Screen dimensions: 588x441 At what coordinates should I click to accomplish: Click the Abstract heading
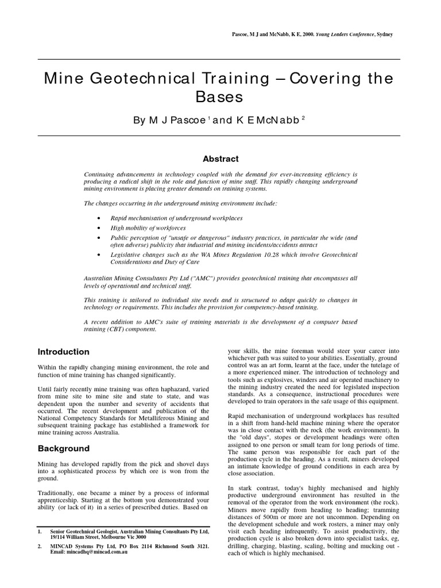coord(220,159)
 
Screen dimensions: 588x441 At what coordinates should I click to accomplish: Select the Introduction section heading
coord(63,352)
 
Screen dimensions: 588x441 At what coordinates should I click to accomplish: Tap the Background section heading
coord(63,448)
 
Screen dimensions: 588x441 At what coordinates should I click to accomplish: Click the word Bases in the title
coord(220,96)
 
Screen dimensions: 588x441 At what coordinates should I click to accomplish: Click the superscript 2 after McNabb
coord(303,117)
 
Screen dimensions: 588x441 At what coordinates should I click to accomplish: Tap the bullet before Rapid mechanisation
coord(100,219)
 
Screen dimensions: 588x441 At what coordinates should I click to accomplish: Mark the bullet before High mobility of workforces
coord(100,228)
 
